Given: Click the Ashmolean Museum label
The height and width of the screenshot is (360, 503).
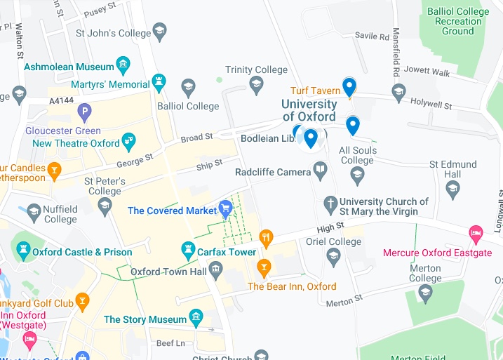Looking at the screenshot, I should coord(69,67).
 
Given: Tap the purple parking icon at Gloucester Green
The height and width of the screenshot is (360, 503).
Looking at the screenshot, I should coord(85,111).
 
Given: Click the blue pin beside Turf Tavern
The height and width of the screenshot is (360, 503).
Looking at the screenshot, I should coord(349,87).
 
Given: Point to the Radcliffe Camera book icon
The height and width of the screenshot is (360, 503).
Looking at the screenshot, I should coord(321,170).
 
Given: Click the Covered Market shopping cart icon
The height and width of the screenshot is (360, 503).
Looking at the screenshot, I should coord(225,208).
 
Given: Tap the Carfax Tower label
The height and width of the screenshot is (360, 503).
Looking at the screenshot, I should coord(227,252).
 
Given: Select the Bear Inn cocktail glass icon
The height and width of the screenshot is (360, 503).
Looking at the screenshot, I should coord(264,267).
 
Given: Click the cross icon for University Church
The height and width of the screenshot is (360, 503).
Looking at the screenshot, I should coord(331,204).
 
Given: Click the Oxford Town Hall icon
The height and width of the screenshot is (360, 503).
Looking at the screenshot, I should coord(215,269).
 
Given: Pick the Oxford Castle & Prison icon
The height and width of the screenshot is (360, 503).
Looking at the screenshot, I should coord(24,249).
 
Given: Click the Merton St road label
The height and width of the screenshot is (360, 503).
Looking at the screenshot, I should coord(344,298).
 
